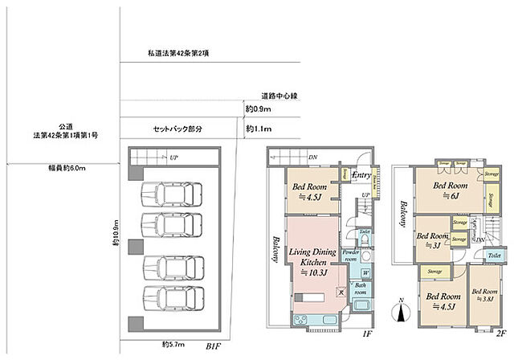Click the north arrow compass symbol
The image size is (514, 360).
pyautogui.click(x=400, y=309)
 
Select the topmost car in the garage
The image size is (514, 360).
pyautogui.click(x=165, y=196)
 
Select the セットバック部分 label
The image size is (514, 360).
pyautogui.click(x=177, y=129)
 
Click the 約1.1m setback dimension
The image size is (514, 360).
pyautogui.click(x=259, y=129)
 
